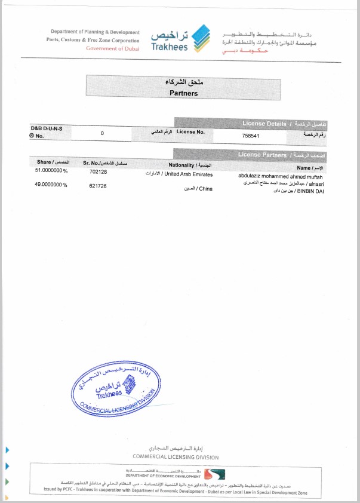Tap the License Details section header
pyautogui.click(x=264, y=124)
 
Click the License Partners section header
pyautogui.click(x=262, y=155)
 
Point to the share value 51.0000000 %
pyautogui.click(x=52, y=171)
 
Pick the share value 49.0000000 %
pyautogui.click(x=52, y=185)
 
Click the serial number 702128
pyautogui.click(x=98, y=171)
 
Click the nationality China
pyautogui.click(x=199, y=189)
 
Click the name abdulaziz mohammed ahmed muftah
pyautogui.click(x=280, y=176)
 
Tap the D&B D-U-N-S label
pyautogui.click(x=47, y=128)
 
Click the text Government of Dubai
pyautogui.click(x=112, y=48)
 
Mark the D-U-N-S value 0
pyautogui.click(x=102, y=133)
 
